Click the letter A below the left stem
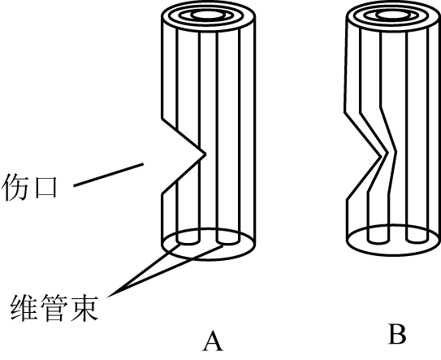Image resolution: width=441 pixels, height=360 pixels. pos(213,340)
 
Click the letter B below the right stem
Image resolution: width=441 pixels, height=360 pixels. pos(397,334)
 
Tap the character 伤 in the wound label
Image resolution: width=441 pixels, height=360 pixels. pos(15,188)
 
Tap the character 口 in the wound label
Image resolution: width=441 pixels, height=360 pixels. pos(45,188)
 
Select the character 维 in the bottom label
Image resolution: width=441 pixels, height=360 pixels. pos(24,308)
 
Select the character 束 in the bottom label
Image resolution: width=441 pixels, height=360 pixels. pos(84,308)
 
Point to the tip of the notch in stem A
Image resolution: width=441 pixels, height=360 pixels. pos(205,154)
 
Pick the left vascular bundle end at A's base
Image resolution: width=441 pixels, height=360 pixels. pos(188,241)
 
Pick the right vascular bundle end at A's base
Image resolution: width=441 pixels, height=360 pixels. pos(228,241)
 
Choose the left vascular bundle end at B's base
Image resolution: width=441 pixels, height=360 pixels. pos(378,240)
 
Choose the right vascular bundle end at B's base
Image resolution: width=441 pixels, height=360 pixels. pos(417,240)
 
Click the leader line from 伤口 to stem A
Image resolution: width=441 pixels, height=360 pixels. pos(109,175)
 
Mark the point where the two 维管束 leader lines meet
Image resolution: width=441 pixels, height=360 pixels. pos(109,296)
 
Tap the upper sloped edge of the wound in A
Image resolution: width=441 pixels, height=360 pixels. pos(184,137)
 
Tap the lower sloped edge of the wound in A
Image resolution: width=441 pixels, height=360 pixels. pos(184,174)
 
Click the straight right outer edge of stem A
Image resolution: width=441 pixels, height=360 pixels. pos(254,129)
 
